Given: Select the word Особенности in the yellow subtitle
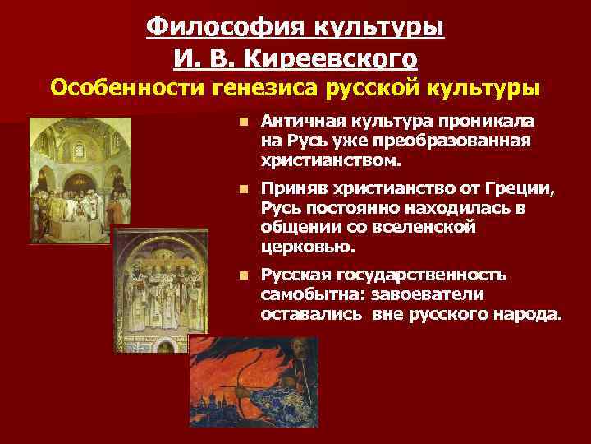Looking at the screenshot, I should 118,86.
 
